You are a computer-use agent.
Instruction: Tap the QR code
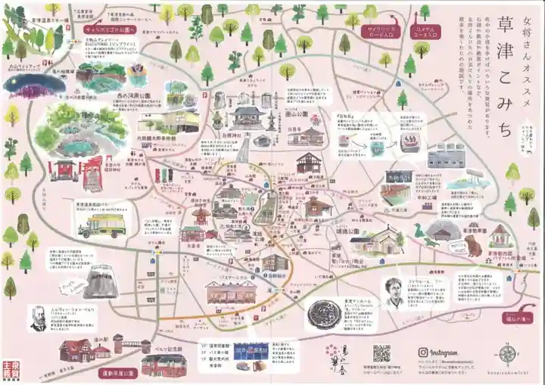(381, 353)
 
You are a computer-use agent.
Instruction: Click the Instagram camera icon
(415, 352)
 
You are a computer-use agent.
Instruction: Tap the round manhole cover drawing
(327, 317)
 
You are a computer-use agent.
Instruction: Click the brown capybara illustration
(472, 245)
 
